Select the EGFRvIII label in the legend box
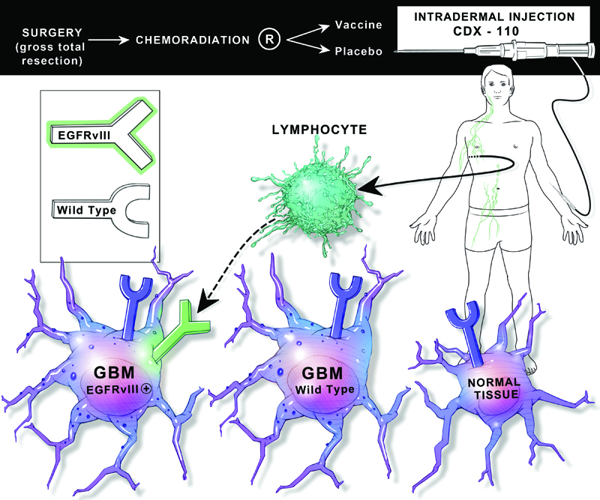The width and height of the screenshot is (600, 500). (78, 135)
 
